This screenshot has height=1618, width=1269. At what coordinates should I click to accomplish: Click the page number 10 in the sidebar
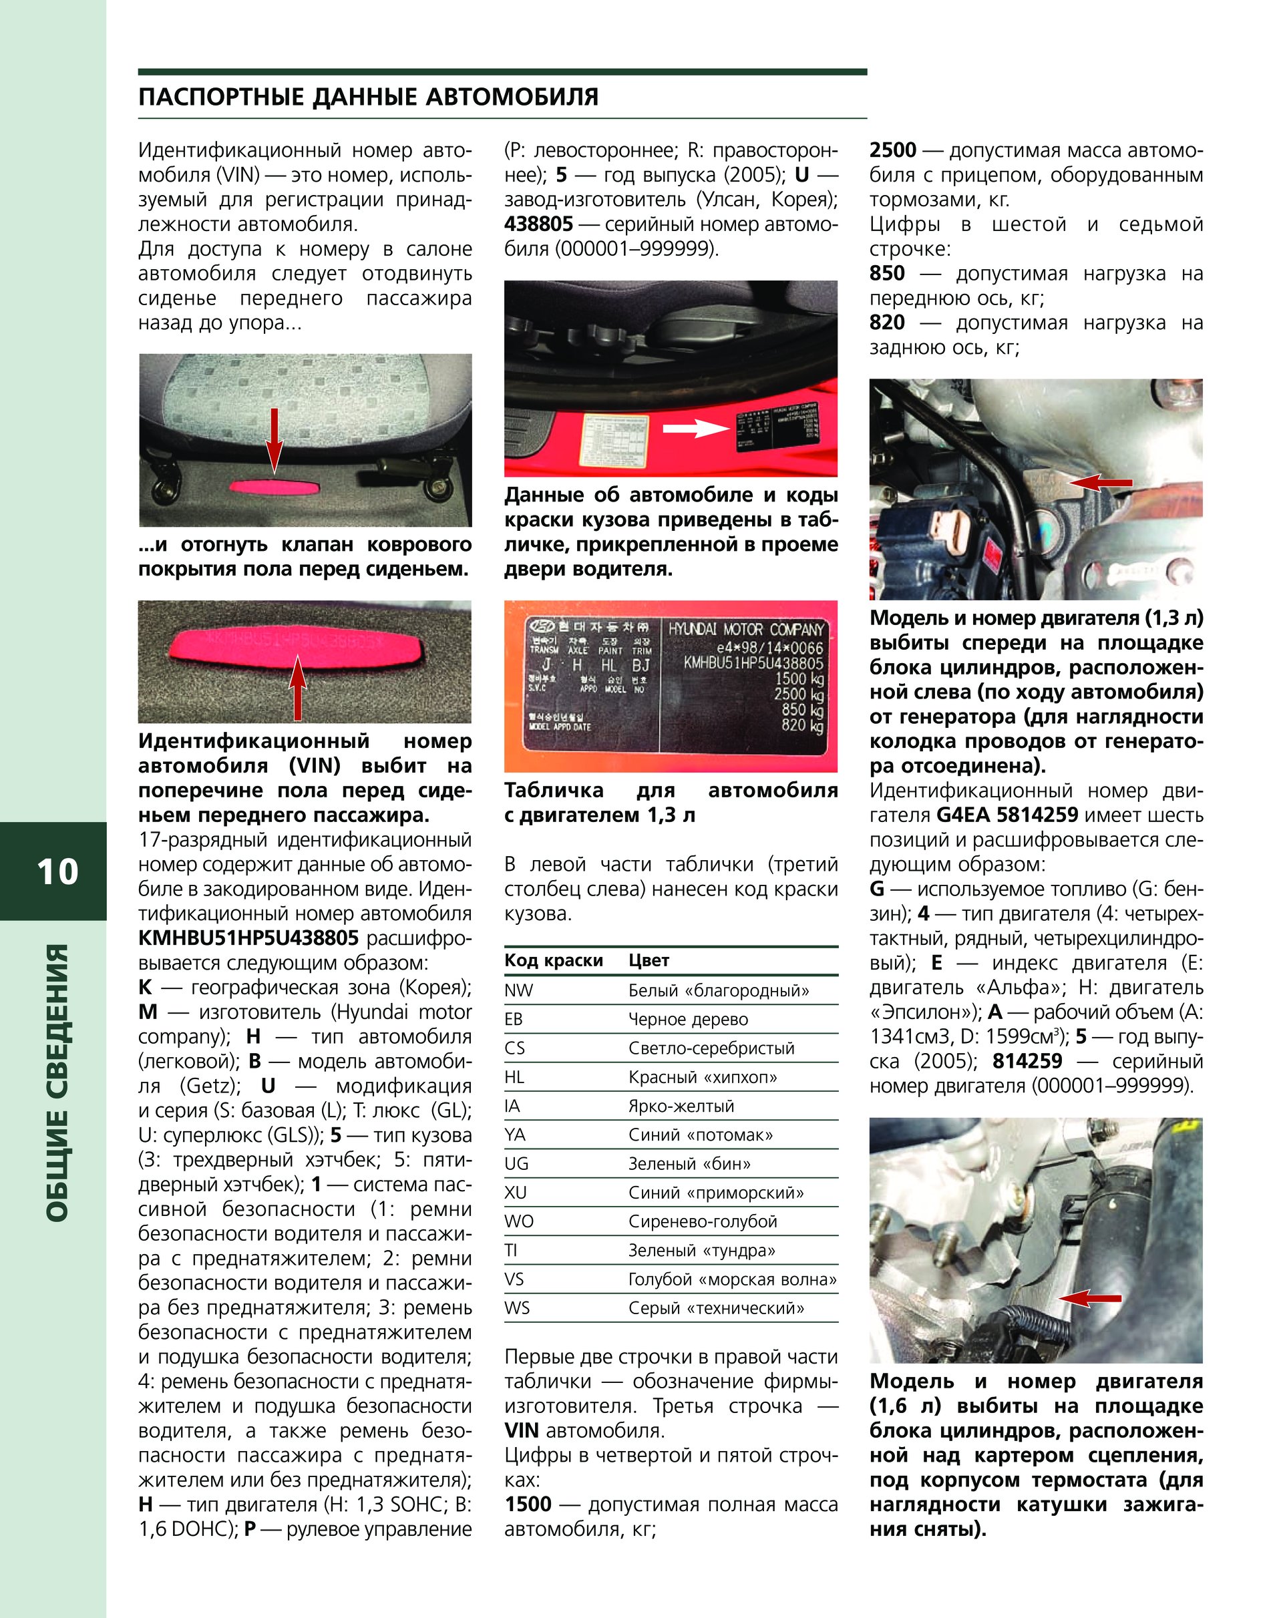[57, 871]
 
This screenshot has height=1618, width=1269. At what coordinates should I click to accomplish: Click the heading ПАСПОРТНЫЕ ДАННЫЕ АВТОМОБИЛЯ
[368, 97]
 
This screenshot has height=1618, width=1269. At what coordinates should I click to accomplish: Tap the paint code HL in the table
[514, 1077]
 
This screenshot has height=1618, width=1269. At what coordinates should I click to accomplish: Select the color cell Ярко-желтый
[681, 1106]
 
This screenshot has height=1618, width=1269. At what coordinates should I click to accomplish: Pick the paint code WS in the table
[516, 1307]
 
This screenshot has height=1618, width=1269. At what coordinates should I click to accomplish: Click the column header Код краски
[553, 960]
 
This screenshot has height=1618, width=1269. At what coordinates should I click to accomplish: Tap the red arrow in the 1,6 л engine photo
[1090, 1299]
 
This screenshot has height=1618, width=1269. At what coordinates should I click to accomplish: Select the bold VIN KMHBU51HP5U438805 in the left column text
[248, 938]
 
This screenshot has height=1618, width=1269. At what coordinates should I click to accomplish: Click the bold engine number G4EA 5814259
[1007, 815]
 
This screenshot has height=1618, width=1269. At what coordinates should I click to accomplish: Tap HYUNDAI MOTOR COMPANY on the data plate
[746, 629]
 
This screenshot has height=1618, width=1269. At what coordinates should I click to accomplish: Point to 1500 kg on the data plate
[799, 678]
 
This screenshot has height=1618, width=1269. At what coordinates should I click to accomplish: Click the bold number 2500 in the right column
[892, 151]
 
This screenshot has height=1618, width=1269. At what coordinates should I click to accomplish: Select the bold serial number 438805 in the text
[538, 224]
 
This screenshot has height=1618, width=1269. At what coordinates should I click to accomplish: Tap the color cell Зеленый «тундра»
[701, 1250]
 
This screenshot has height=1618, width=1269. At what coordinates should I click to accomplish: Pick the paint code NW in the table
[518, 990]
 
